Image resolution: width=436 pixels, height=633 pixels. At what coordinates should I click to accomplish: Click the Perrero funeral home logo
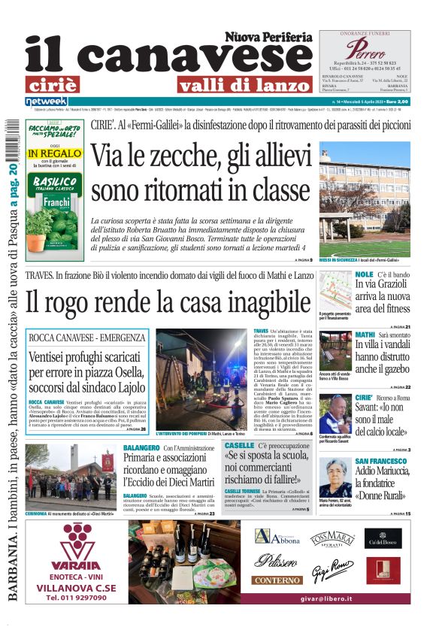(x=365, y=50)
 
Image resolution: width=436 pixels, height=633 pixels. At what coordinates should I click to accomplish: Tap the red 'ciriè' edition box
(x=52, y=84)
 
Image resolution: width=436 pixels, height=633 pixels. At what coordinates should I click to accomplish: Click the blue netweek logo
(x=46, y=101)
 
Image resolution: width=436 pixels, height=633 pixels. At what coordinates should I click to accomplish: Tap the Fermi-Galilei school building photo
(x=365, y=196)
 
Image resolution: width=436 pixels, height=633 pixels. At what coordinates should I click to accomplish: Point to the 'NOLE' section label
(x=364, y=274)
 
